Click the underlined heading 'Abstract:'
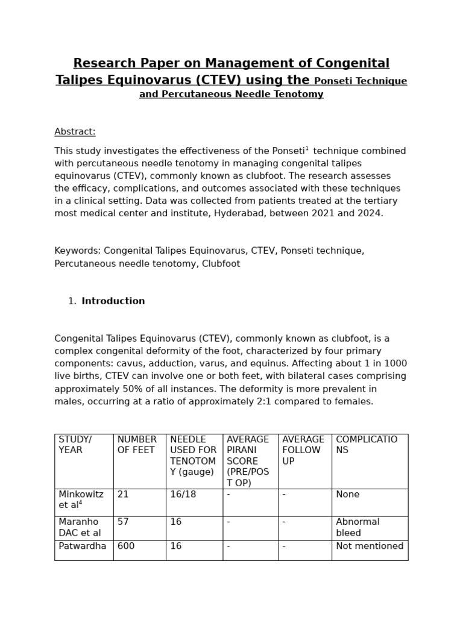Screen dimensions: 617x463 [75, 132]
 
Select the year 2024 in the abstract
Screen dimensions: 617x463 [370, 213]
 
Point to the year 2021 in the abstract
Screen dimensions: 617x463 [321, 213]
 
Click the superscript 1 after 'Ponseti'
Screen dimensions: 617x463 [307, 148]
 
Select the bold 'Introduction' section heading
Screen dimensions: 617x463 [113, 301]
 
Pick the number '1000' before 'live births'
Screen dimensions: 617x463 [395, 364]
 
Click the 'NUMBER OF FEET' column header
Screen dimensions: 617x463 [137, 445]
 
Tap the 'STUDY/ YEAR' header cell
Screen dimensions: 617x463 [75, 445]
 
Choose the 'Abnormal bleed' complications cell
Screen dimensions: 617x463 [357, 527]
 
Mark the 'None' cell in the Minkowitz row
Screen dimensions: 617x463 [347, 494]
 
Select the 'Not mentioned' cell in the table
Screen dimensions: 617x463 [369, 546]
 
